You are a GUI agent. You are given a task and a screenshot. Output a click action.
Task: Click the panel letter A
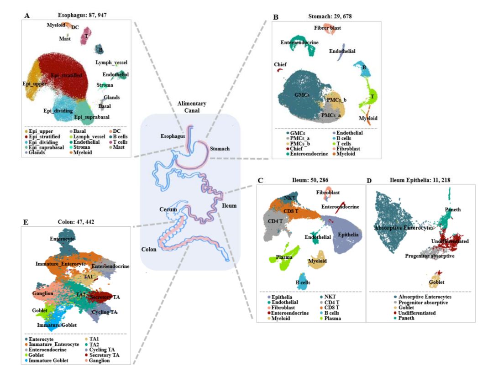tap(27, 15)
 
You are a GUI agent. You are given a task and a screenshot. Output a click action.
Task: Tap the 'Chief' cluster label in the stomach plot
tap(280, 65)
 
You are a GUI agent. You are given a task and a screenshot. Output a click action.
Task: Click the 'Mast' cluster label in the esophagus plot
tap(64, 39)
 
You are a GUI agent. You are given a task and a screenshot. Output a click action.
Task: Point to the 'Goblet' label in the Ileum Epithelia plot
tap(436, 282)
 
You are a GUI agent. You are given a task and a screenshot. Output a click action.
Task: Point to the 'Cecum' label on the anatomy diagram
tap(168, 210)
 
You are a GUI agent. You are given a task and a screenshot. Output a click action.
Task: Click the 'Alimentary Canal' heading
tap(191, 106)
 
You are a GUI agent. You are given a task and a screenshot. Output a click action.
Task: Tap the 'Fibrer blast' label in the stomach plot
tap(327, 28)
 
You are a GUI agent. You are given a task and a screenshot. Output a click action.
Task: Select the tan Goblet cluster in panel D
tap(436, 277)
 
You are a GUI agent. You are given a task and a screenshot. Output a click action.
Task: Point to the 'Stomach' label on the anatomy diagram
tap(219, 148)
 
